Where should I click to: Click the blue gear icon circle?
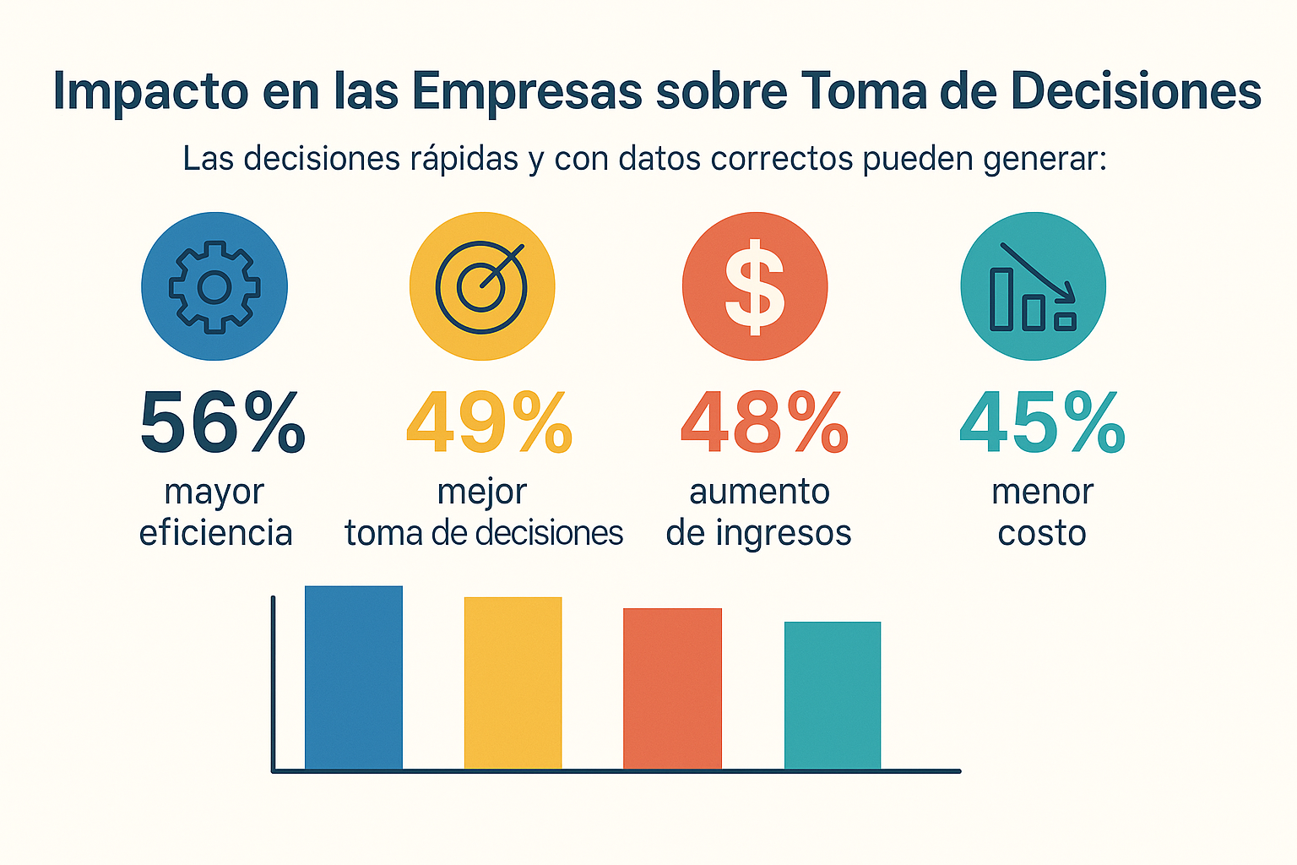[x=214, y=286]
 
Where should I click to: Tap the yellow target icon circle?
[x=482, y=286]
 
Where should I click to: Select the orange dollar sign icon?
[x=755, y=286]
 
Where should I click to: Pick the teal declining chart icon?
[x=1034, y=286]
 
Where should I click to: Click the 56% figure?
[x=222, y=422]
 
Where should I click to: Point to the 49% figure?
[x=489, y=422]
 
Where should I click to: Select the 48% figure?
[x=764, y=422]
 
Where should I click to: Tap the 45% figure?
[x=1042, y=422]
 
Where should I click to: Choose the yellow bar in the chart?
[x=513, y=683]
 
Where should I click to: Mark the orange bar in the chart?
[x=672, y=688]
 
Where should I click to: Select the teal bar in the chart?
[x=833, y=695]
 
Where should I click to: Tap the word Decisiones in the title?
[x=1136, y=91]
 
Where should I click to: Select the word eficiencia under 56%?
[x=215, y=533]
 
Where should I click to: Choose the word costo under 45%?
[x=1042, y=533]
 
